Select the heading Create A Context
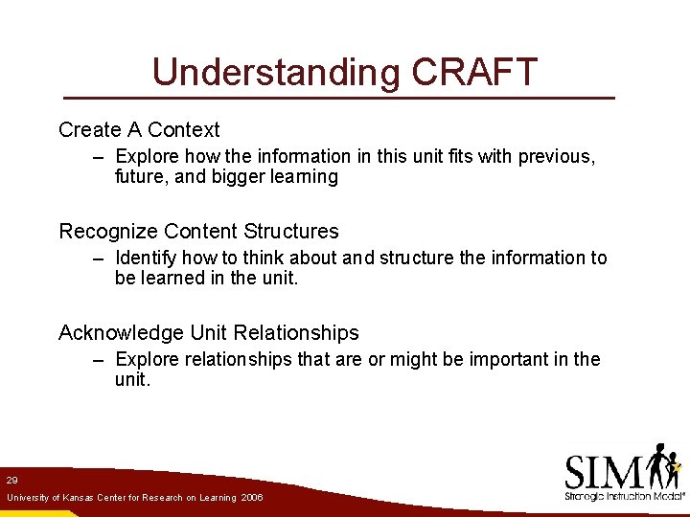point(139,129)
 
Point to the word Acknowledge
point(121,332)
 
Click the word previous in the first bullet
point(556,156)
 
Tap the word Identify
point(146,258)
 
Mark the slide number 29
point(11,480)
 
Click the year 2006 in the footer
point(252,498)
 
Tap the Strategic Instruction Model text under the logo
point(623,496)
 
